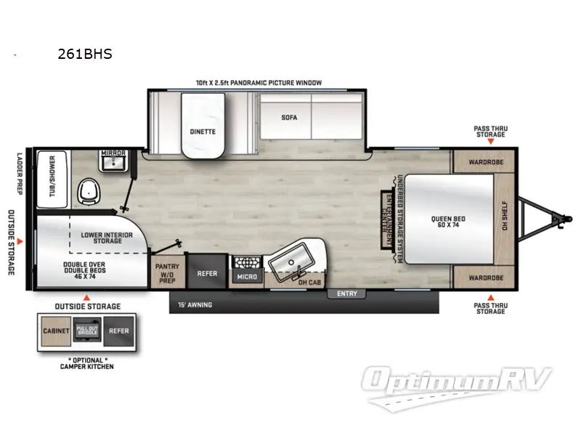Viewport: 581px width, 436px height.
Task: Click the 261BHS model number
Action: [84, 54]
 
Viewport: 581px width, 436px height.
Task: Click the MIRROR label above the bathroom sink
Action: [113, 153]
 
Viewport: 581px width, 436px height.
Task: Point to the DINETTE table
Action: [203, 132]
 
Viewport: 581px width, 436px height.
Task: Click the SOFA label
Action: [290, 117]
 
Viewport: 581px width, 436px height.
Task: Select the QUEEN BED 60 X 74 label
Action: [447, 223]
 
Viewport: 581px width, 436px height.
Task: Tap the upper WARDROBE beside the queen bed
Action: [483, 161]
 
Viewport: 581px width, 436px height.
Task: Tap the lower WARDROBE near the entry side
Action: [483, 278]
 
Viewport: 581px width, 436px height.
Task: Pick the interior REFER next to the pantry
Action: [208, 275]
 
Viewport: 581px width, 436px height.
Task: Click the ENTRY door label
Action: [347, 294]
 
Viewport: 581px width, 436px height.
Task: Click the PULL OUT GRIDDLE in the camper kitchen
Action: [87, 331]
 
